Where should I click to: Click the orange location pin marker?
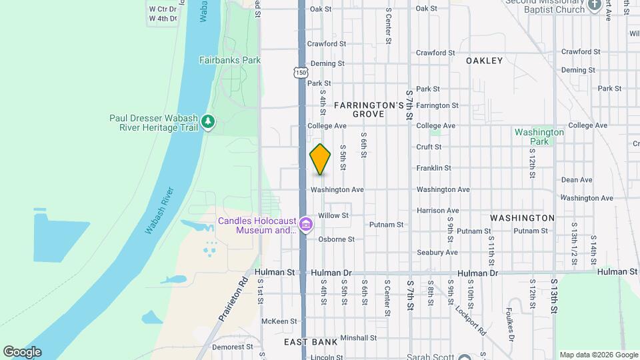click(x=320, y=159)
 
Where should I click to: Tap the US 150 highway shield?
click(x=301, y=72)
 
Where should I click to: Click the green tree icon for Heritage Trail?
click(x=209, y=121)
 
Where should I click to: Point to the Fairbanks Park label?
click(x=229, y=60)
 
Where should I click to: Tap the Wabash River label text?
click(x=159, y=211)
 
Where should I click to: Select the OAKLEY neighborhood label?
click(x=484, y=61)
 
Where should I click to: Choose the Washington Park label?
click(x=539, y=137)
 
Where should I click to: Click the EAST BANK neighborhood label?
click(x=310, y=342)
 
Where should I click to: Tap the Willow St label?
click(x=333, y=215)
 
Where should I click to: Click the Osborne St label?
click(x=336, y=239)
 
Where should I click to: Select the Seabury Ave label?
click(x=437, y=253)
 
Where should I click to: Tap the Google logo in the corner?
click(x=22, y=352)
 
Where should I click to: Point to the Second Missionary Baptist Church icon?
click(x=595, y=7)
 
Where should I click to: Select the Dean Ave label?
click(x=577, y=180)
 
